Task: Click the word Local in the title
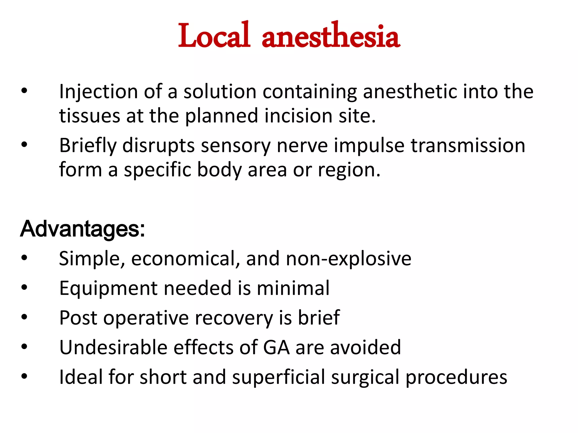tap(214, 36)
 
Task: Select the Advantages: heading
tap(82, 229)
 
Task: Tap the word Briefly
tap(88, 146)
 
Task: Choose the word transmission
tap(468, 145)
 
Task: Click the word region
tap(349, 170)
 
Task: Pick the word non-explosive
tap(349, 259)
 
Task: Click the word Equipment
tap(108, 288)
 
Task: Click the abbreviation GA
tap(276, 347)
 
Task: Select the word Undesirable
tap(113, 347)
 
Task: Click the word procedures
tap(456, 377)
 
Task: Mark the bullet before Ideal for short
tap(24, 376)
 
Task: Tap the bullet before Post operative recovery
tap(24, 317)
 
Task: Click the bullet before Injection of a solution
tap(24, 91)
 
